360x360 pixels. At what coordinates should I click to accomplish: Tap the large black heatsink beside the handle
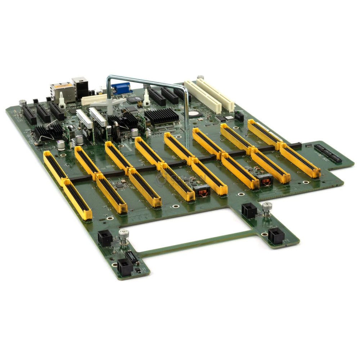click(x=161, y=116)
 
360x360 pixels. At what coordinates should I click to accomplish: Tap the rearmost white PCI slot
click(x=215, y=93)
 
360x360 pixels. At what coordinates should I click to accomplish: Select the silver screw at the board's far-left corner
click(x=22, y=102)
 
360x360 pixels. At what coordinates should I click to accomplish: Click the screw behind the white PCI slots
click(x=200, y=77)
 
